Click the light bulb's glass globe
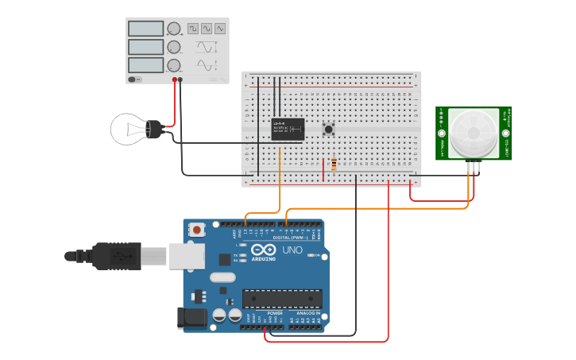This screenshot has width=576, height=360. tap(128, 129)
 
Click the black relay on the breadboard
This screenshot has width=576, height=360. tap(288, 129)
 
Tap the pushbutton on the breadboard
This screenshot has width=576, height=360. tap(327, 129)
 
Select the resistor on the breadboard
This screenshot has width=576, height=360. tap(333, 165)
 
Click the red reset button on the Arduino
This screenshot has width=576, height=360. tap(196, 230)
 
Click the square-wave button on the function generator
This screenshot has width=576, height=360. tap(193, 29)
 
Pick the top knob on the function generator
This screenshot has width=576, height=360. tap(174, 29)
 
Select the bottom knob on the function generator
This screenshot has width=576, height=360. tap(174, 65)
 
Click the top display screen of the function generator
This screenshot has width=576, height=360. tap(145, 29)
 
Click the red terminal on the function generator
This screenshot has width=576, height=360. tap(175, 79)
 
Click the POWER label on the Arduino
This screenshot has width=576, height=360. tap(275, 313)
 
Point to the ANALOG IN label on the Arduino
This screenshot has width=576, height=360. tap(308, 313)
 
